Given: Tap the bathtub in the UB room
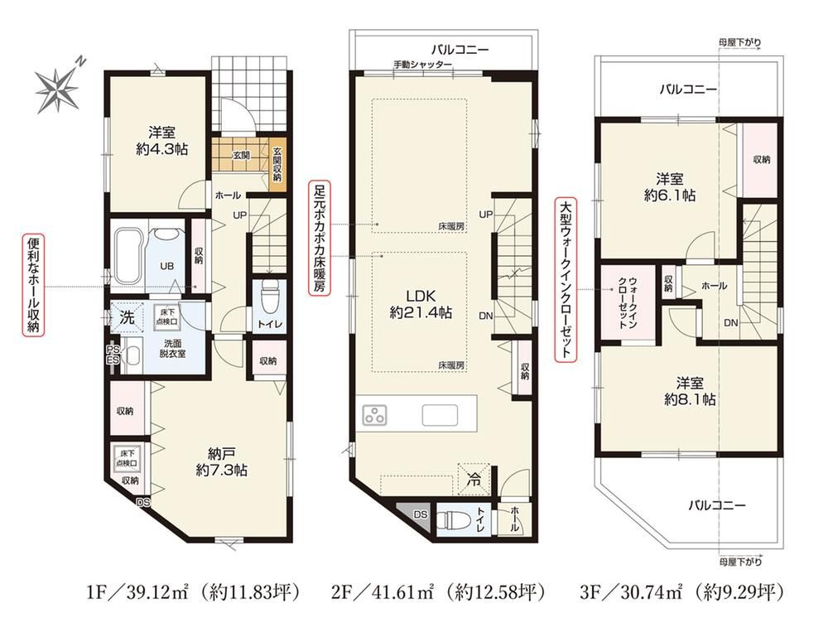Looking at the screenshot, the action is click(127, 256).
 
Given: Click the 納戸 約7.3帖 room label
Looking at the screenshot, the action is click(222, 461).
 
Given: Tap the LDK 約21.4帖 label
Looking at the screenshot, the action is click(421, 304).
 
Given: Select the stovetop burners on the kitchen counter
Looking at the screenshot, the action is click(374, 415).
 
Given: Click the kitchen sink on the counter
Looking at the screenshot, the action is click(440, 415).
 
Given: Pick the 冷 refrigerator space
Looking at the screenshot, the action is click(474, 480).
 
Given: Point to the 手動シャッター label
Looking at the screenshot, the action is click(422, 65).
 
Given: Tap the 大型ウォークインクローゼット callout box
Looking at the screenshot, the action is click(566, 279).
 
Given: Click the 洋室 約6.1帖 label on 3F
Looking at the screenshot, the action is click(670, 187).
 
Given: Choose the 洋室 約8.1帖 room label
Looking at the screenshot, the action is click(690, 391).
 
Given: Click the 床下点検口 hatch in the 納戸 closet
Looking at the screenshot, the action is click(127, 458).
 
